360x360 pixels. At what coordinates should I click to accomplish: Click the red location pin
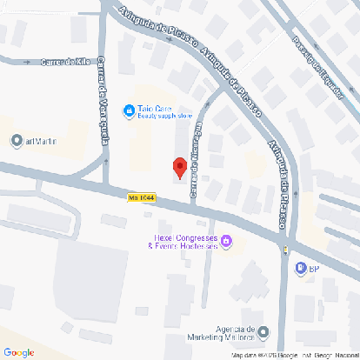pos(180,166)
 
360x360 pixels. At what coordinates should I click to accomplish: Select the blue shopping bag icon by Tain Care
pos(129,111)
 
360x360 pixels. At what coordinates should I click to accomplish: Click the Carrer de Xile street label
pos(64,63)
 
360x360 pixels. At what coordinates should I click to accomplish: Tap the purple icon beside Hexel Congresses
pos(227,241)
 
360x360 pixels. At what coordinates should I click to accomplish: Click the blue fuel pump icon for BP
pos(299,268)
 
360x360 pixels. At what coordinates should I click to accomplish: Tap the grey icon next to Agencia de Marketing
pos(263,330)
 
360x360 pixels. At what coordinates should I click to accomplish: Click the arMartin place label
pos(40,141)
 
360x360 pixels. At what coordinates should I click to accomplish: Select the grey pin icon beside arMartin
pos(16,141)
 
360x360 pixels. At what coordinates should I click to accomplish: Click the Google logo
pos(19,351)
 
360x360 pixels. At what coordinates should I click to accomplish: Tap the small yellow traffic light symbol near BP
pos(285,250)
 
